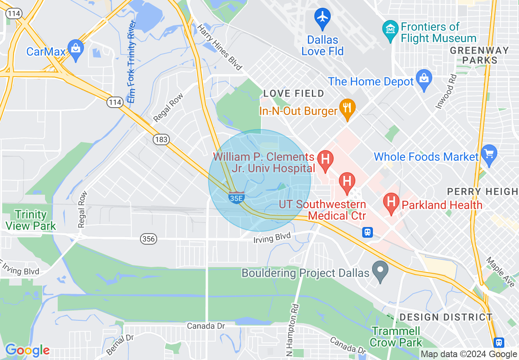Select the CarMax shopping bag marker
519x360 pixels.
(x=76, y=49)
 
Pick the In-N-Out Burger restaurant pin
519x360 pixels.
(x=347, y=109)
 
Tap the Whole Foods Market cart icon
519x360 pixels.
(x=489, y=154)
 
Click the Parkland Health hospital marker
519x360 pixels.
(x=391, y=202)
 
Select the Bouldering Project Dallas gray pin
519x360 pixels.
(x=380, y=270)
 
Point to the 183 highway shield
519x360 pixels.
(x=161, y=139)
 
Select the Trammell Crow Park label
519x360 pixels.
(x=396, y=336)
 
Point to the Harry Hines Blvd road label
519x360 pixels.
(x=220, y=47)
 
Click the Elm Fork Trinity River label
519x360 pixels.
(x=131, y=61)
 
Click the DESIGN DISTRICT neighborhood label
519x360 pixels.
(x=446, y=317)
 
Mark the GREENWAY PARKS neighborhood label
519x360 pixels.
(x=479, y=55)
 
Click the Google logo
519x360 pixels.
(x=27, y=350)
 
